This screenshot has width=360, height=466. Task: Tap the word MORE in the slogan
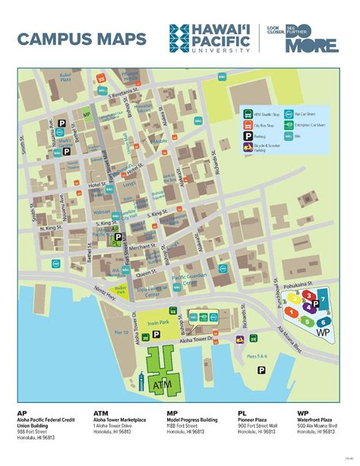(x=311, y=47)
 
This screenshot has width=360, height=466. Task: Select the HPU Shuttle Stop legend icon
(x=248, y=111)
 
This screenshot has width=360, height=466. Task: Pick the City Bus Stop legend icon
(x=248, y=122)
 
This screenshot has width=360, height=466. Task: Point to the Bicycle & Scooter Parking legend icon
(x=248, y=147)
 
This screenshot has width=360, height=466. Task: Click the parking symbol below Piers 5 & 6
(x=262, y=370)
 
